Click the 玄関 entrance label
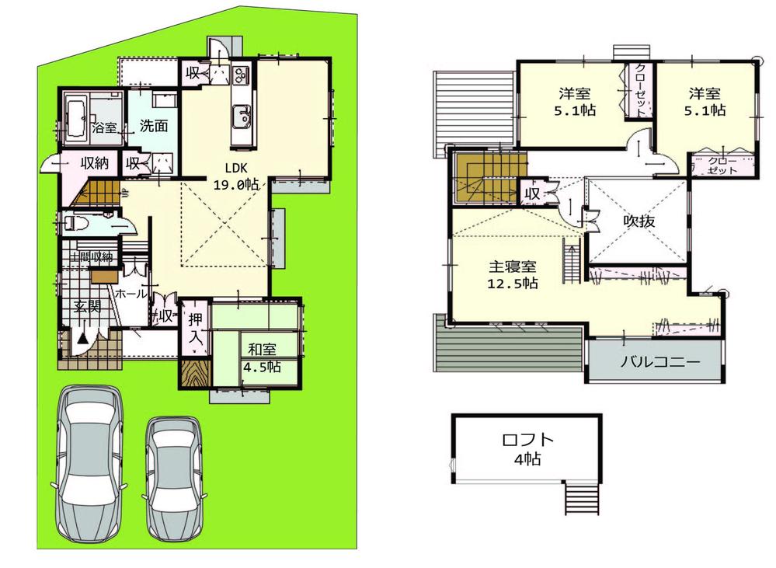point(86,306)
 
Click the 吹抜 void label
point(639,221)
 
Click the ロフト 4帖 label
point(527,448)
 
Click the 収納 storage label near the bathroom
point(93,163)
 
